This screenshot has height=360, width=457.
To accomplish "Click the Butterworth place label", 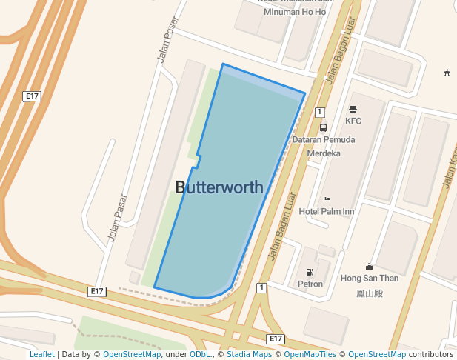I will click(x=219, y=187).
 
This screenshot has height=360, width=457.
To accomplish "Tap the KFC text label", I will click(x=353, y=121).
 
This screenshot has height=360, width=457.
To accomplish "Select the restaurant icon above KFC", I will click(x=353, y=110).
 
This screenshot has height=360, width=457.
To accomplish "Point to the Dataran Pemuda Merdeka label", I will click(x=324, y=146).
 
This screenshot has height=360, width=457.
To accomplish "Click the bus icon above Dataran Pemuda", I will click(x=323, y=127).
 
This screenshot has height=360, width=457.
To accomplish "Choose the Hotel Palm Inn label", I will click(x=327, y=211).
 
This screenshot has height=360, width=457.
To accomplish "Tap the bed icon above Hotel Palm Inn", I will click(x=327, y=200).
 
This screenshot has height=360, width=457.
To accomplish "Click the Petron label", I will click(x=310, y=284).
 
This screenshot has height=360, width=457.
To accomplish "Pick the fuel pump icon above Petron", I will click(x=310, y=272).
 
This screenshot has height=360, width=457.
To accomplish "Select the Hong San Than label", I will click(x=369, y=279).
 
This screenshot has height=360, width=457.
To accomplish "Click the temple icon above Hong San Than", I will click(x=369, y=267).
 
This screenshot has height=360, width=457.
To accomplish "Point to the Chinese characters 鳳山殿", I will click(x=369, y=293).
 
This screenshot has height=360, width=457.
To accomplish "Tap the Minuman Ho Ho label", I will click(x=295, y=12).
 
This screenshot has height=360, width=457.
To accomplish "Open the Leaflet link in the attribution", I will click(x=42, y=355).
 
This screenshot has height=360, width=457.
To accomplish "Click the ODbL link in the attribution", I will click(x=199, y=355).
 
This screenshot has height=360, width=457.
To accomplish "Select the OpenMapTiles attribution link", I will click(x=310, y=355).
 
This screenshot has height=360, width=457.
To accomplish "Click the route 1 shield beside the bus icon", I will click(x=319, y=112).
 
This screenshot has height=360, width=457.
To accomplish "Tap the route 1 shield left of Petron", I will click(x=261, y=287).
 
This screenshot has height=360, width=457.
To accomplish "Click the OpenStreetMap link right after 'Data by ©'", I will click(x=132, y=355).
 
